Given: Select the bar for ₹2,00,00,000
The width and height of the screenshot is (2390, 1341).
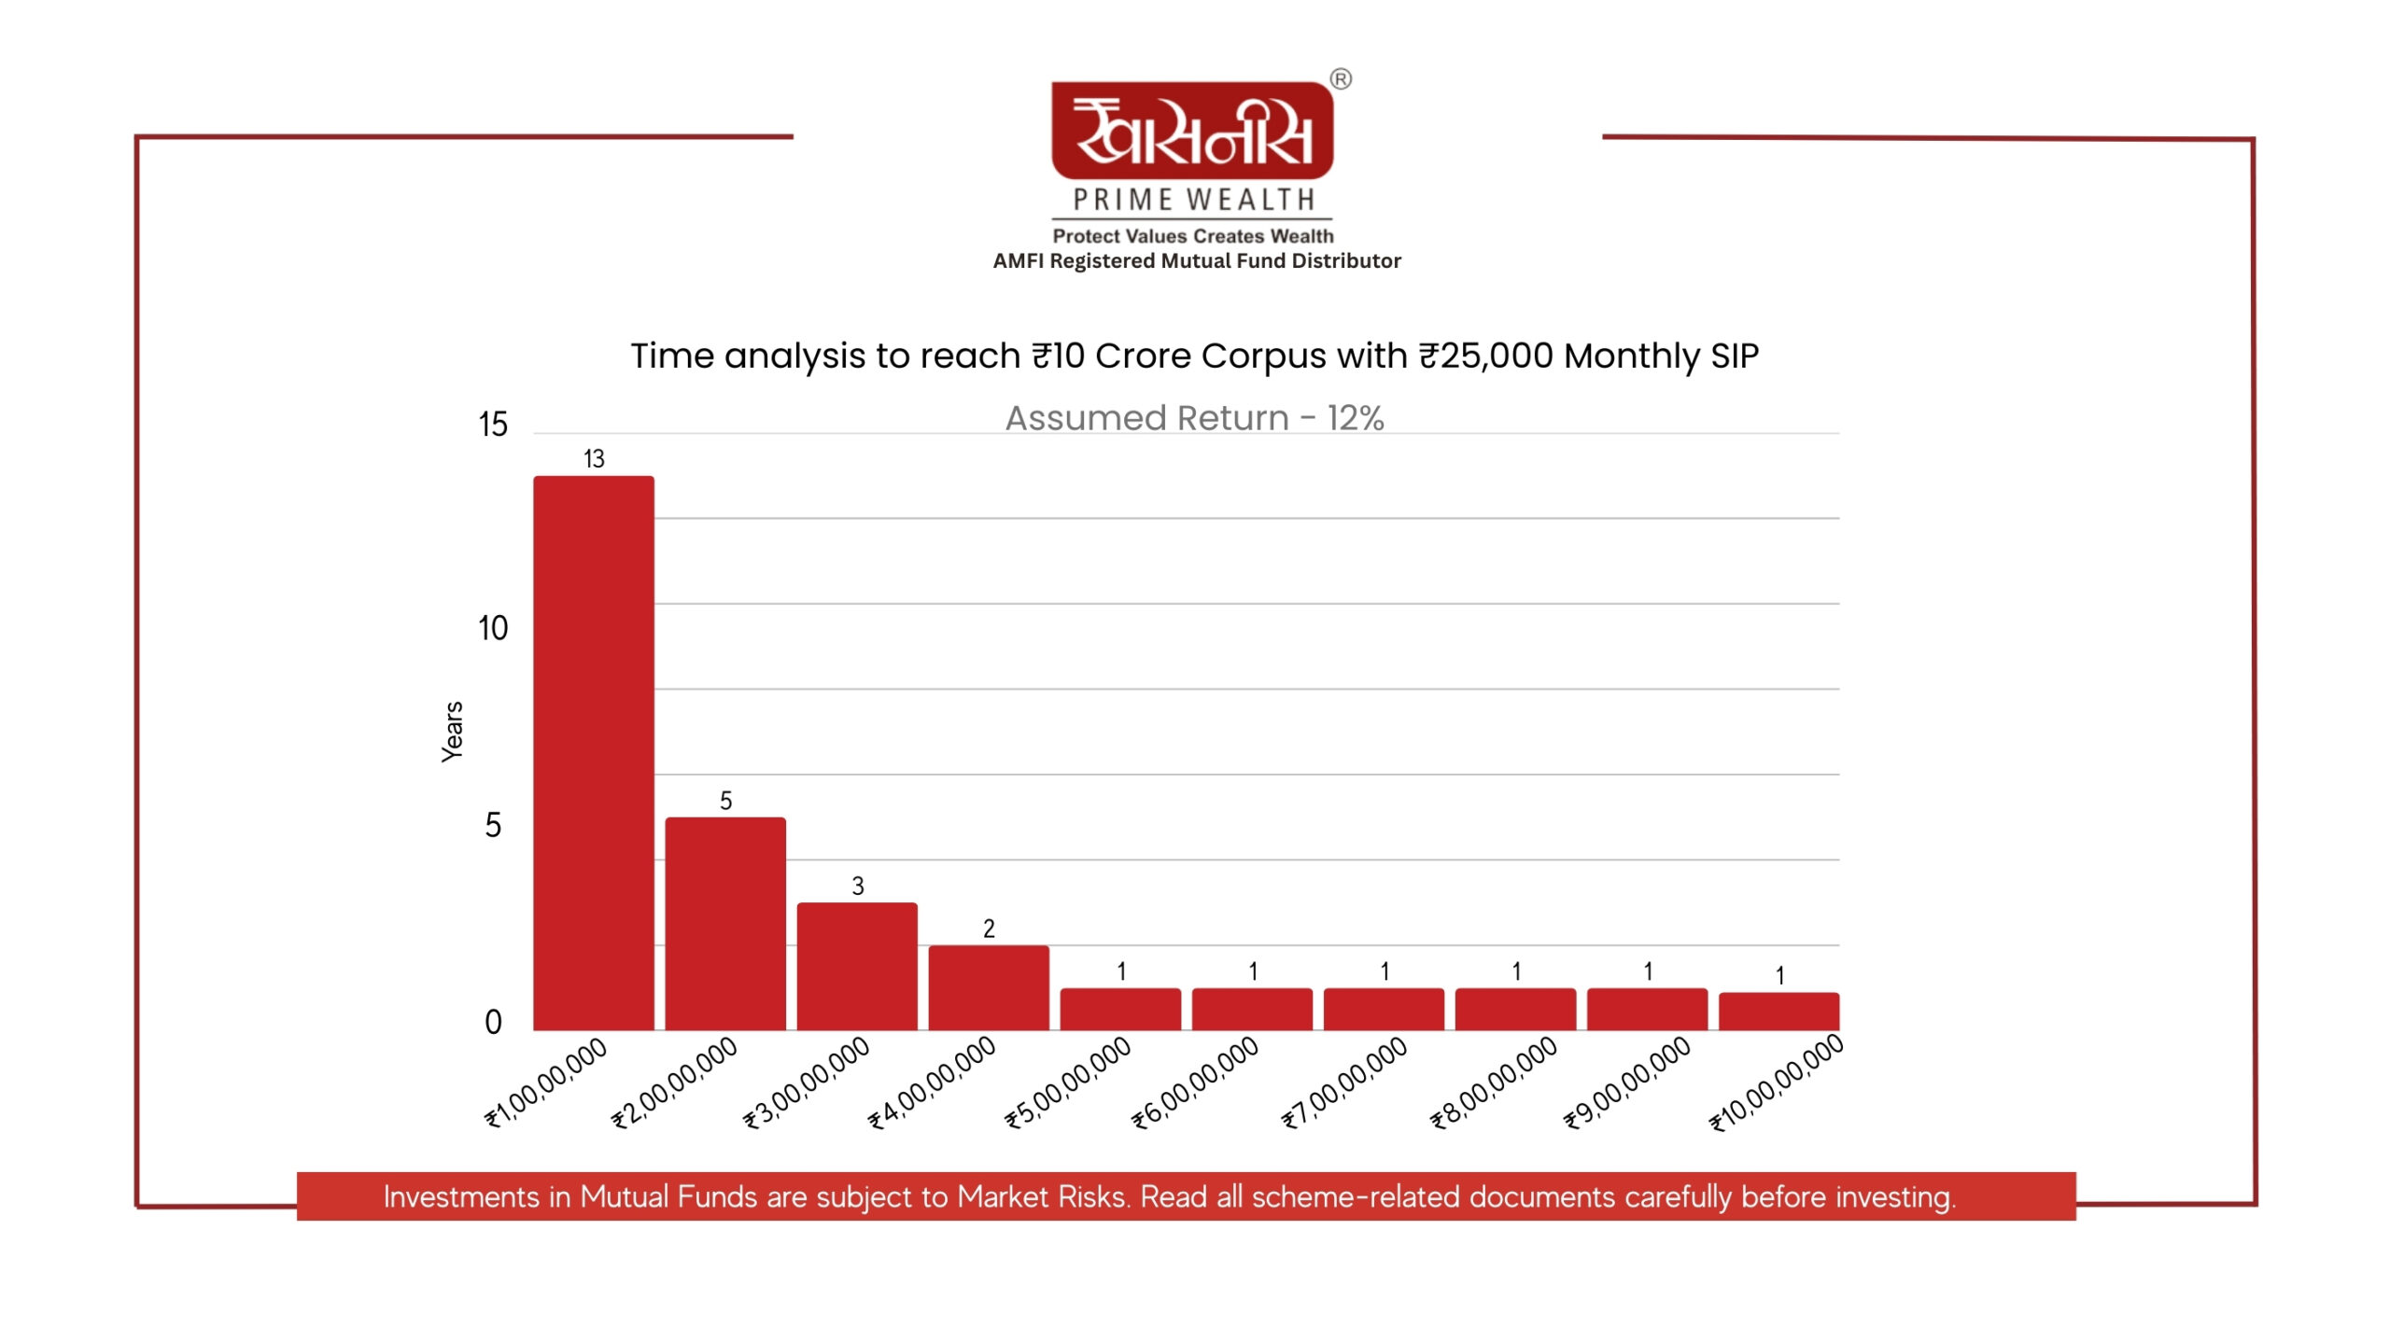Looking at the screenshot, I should coord(725,923).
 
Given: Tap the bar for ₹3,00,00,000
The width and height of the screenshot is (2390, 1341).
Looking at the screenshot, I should coord(857,966).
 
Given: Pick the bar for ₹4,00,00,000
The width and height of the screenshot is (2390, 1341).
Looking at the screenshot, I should coord(989,987).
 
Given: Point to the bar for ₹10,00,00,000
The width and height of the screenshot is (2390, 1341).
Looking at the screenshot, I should coord(1778,1011).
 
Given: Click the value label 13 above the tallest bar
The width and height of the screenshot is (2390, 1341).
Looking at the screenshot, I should coord(594,459).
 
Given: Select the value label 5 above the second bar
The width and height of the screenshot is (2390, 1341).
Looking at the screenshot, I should coord(725,801).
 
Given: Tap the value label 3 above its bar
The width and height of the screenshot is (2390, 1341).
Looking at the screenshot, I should coord(858,886).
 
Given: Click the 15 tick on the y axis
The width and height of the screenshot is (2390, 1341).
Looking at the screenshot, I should coord(493,425).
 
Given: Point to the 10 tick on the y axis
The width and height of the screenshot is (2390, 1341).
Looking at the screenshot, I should coord(493,628).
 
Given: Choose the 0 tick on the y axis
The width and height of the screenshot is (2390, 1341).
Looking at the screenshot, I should coord(493,1022).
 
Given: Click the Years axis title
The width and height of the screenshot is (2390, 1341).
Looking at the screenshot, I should coord(453,732).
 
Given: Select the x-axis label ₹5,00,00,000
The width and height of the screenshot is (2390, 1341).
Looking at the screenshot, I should coord(1068,1083).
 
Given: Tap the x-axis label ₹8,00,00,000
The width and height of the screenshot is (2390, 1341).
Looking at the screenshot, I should coord(1494,1083).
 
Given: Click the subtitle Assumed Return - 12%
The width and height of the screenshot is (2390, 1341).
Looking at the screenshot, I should coord(1194,418).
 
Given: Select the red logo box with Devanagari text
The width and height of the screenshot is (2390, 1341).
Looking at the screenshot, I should coord(1192,131).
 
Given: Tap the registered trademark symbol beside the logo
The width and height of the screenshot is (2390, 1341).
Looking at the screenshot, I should coord(1341,79).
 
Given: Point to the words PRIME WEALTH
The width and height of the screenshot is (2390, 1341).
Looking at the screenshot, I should coord(1193,200).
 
